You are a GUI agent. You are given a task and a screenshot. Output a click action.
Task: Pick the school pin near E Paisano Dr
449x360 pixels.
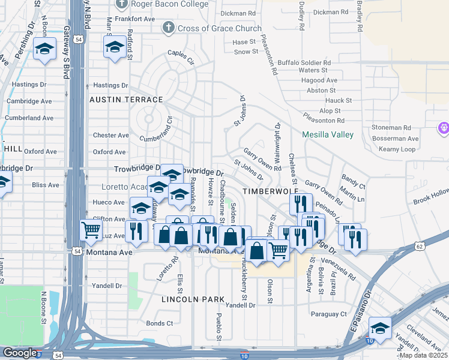point(380,328)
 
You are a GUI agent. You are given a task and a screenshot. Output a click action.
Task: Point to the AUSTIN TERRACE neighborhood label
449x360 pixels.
point(126,99)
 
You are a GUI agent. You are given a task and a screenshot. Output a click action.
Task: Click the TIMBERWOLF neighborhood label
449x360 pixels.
point(266,190)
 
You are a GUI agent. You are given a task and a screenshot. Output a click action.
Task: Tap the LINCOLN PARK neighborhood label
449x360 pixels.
point(193,299)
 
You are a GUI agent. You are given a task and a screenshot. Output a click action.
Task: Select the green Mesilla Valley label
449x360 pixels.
point(328,135)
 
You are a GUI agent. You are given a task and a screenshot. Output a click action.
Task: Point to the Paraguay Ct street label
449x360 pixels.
point(328,314)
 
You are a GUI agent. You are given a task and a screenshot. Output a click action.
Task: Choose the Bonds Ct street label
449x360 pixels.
point(160,323)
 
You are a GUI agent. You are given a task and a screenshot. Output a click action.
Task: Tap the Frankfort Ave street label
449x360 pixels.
point(136,19)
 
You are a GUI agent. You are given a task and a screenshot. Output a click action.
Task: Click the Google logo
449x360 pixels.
point(20,353)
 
